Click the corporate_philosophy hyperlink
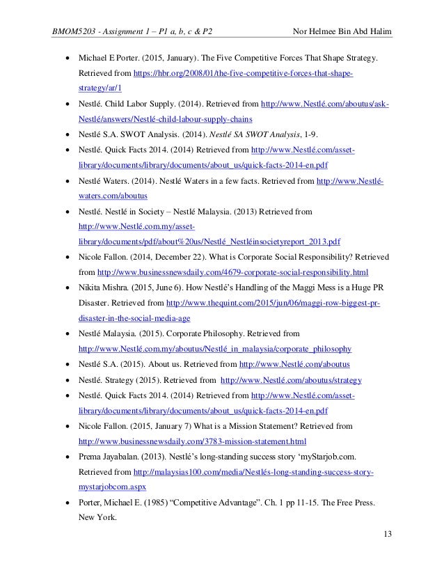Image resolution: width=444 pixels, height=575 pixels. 216,349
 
